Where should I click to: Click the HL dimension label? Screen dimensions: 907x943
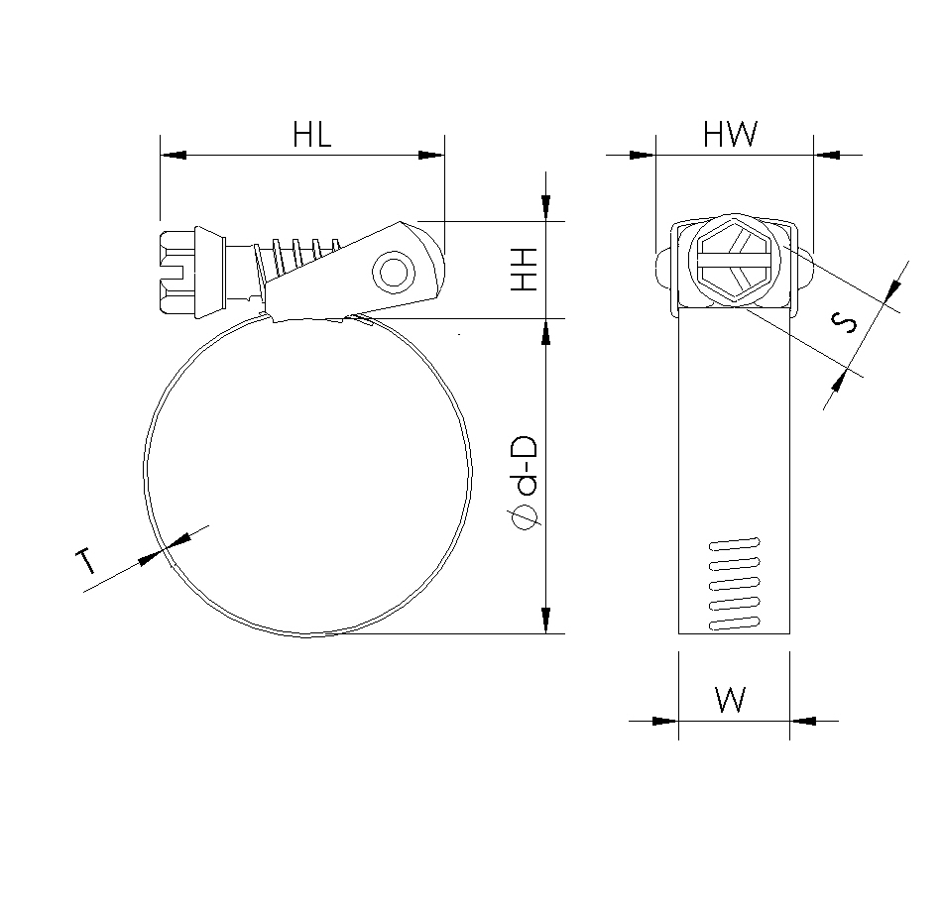pos(311,135)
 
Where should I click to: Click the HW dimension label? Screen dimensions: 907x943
pos(731,135)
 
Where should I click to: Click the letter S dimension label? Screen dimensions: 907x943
pos(845,324)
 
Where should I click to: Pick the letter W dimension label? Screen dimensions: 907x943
pos(731,700)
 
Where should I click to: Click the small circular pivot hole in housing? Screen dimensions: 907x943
pos(394,272)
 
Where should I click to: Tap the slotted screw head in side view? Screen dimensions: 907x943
pos(179,271)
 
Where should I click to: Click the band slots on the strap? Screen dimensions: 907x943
pos(735,584)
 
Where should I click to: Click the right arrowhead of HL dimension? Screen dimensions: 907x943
pos(431,155)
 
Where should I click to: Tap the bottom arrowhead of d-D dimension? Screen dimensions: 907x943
pos(545,619)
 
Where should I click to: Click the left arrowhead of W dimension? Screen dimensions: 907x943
pos(666,721)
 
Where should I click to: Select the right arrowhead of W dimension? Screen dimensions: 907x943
pos(802,721)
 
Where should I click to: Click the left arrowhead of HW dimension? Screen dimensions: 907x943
pos(643,155)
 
